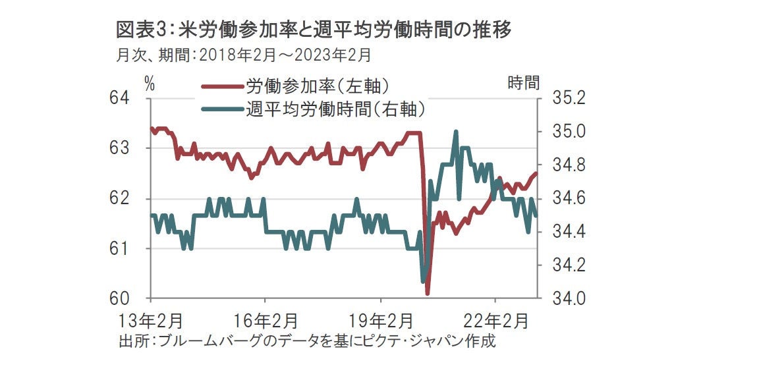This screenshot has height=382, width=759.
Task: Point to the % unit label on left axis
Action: coord(150,84)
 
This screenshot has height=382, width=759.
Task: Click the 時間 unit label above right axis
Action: coord(524,83)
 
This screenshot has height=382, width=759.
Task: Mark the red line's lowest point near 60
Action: coord(428,293)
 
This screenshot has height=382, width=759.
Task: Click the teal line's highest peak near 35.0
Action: coord(456,132)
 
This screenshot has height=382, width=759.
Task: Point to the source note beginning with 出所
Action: coord(306,341)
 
